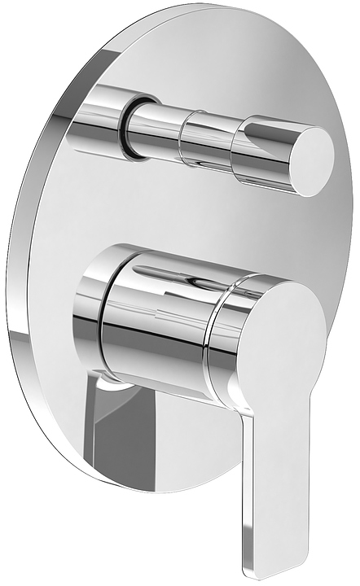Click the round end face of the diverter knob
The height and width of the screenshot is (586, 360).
point(306,160)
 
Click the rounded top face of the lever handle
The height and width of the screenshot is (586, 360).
point(281,326)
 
